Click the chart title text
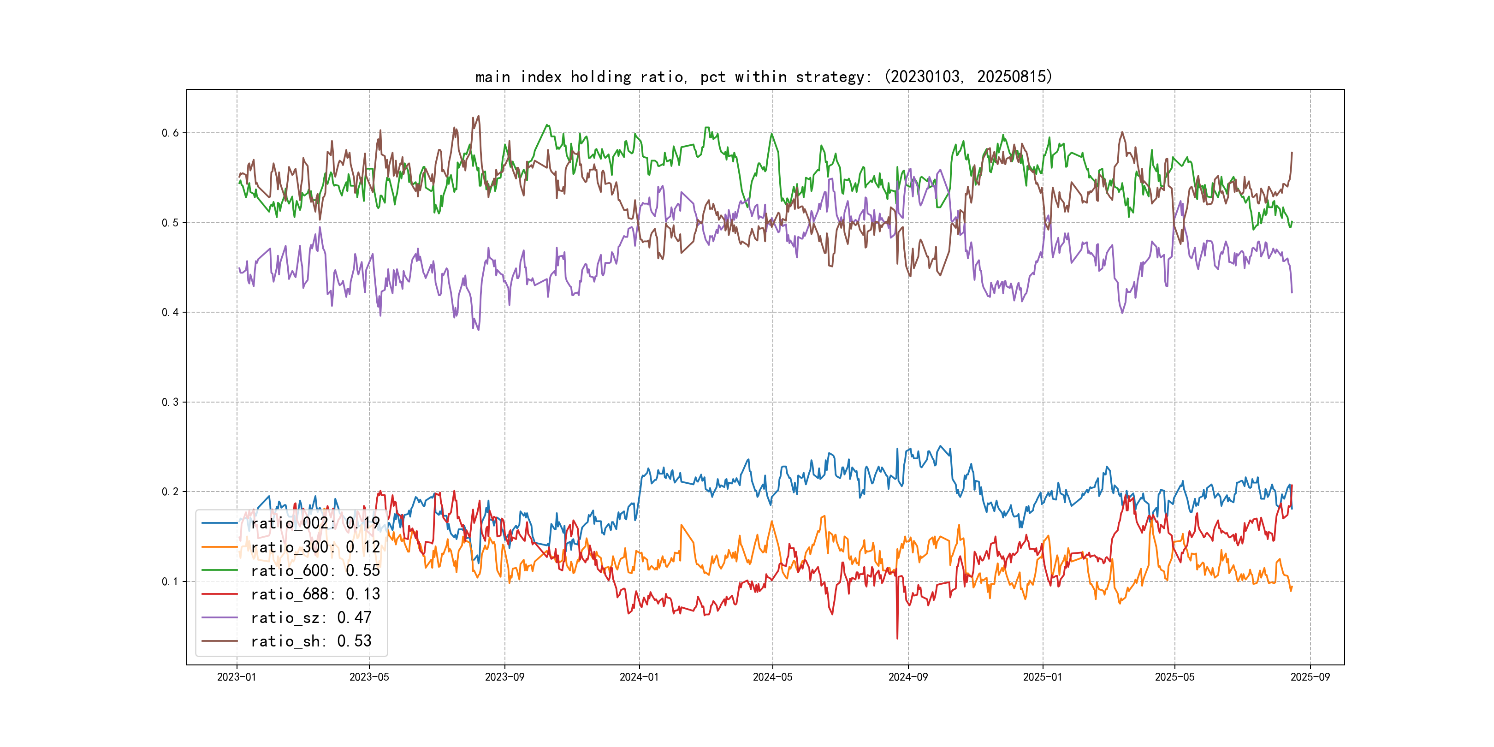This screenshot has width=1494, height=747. [x=763, y=77]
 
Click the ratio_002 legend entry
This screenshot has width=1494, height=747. [x=315, y=523]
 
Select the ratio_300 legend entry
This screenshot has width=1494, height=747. [x=315, y=547]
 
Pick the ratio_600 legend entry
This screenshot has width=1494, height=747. [x=315, y=571]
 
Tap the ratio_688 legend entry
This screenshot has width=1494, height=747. [x=315, y=594]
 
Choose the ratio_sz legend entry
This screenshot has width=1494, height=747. [x=311, y=618]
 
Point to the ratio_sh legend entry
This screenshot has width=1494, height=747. [x=311, y=641]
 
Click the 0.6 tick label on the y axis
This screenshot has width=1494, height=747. [x=170, y=133]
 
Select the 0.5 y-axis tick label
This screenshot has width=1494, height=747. [x=170, y=223]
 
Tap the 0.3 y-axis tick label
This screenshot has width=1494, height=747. [x=170, y=402]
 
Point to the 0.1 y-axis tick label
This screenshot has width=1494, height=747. [x=170, y=581]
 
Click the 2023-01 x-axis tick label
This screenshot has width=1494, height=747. [x=237, y=677]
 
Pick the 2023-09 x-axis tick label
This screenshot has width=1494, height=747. [x=504, y=677]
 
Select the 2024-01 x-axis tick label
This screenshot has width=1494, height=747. [x=639, y=677]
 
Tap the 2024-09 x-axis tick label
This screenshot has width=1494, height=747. [x=908, y=677]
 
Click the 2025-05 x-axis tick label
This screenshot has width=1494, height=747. [x=1174, y=677]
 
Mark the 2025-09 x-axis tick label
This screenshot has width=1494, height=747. [x=1310, y=677]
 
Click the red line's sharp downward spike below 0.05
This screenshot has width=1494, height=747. [x=897, y=638]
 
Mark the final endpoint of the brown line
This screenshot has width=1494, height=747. [x=1292, y=153]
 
